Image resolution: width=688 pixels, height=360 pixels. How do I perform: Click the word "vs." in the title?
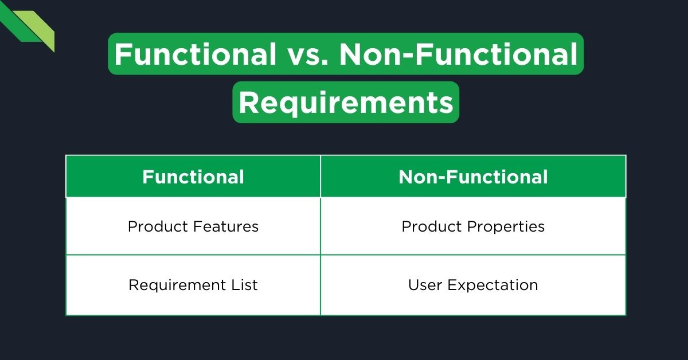pyautogui.click(x=307, y=54)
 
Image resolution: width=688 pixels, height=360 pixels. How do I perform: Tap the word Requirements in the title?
pyautogui.click(x=346, y=103)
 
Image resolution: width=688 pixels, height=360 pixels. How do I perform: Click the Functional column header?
pyautogui.click(x=193, y=177)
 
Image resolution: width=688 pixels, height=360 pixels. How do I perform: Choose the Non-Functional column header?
pyautogui.click(x=473, y=177)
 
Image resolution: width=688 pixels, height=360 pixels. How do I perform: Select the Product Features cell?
pyautogui.click(x=193, y=226)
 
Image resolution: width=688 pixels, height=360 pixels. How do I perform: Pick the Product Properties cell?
pyautogui.click(x=473, y=226)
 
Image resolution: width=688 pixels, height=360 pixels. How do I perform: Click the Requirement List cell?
pyautogui.click(x=193, y=285)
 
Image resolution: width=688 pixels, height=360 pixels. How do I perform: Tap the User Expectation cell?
pyautogui.click(x=473, y=285)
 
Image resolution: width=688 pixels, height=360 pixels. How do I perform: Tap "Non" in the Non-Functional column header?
pyautogui.click(x=415, y=177)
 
